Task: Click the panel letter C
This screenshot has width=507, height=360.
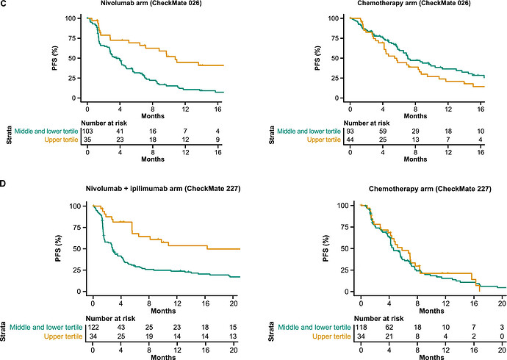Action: [4, 4]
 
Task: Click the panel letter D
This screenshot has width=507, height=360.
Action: [4, 178]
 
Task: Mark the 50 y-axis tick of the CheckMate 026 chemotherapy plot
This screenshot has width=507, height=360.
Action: [337, 57]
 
